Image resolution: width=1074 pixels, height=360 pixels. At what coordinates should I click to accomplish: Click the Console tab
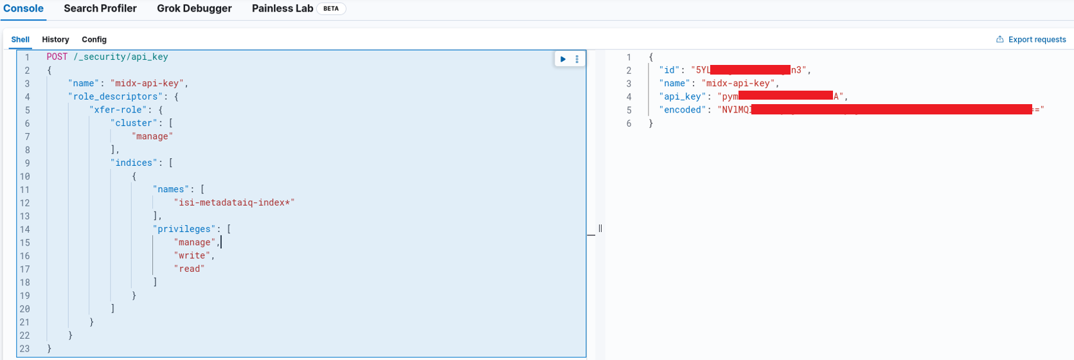[24, 9]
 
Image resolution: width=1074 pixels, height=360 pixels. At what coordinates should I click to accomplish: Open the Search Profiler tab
[100, 9]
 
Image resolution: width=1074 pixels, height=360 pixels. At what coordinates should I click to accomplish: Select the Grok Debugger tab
[194, 9]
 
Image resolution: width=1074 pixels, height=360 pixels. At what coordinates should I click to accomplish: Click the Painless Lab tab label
[282, 9]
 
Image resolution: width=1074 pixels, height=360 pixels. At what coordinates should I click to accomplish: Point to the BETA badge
[331, 9]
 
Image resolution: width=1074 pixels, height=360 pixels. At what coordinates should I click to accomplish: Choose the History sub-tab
[55, 40]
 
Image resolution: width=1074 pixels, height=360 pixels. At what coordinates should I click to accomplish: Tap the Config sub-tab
[94, 40]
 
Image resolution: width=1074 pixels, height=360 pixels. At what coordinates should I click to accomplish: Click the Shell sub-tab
[21, 40]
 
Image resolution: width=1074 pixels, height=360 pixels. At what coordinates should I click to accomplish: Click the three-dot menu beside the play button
[577, 59]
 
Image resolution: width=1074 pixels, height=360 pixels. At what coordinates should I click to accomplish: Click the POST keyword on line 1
[57, 57]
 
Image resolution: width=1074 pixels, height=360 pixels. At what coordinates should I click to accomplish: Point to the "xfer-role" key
[119, 110]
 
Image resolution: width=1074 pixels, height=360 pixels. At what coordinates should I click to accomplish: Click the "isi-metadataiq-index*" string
[234, 203]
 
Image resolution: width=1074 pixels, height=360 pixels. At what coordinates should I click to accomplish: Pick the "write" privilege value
[192, 256]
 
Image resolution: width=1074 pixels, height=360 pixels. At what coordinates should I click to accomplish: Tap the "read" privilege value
[189, 269]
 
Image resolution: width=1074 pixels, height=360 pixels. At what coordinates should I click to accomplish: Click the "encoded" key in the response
[683, 110]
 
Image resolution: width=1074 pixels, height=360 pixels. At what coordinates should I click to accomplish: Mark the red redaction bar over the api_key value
[785, 96]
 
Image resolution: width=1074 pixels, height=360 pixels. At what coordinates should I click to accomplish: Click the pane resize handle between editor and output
[600, 228]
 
